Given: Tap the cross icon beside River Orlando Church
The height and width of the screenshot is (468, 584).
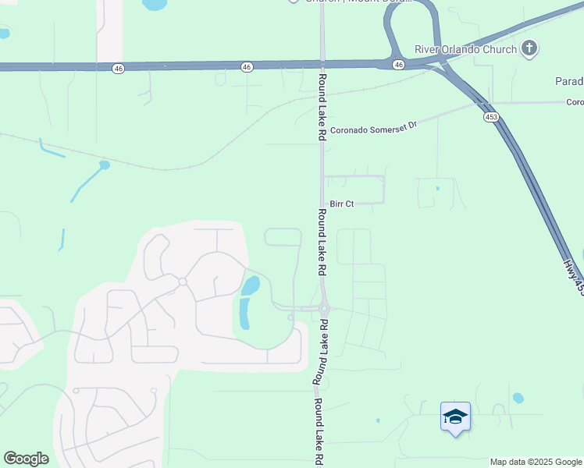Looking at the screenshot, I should click(x=530, y=49).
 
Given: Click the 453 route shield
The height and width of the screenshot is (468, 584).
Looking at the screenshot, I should click(x=491, y=117).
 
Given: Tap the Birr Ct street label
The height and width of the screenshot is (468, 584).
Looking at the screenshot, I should click(x=342, y=204).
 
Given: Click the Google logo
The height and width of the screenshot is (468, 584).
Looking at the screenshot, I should click(x=26, y=459).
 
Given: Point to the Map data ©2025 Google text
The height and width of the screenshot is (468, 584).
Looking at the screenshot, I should click(x=536, y=462).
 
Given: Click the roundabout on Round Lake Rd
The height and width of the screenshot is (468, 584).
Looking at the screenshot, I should click(x=323, y=310).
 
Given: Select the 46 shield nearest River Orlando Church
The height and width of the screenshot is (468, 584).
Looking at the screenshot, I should click(x=398, y=64).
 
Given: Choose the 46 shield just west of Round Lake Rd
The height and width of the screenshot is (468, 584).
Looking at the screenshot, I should click(x=247, y=68).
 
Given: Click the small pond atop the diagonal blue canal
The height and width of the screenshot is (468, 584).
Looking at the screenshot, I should click(x=105, y=165).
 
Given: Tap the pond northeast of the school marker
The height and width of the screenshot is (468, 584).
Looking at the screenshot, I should click(x=518, y=398).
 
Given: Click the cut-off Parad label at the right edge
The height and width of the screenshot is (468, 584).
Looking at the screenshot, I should click(x=569, y=81).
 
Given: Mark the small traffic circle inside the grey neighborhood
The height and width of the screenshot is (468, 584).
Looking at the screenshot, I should click(x=181, y=282).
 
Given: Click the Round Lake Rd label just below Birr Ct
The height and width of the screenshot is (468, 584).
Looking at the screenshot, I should click(x=321, y=242).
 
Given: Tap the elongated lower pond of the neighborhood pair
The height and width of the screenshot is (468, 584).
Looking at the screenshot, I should click(x=244, y=313).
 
